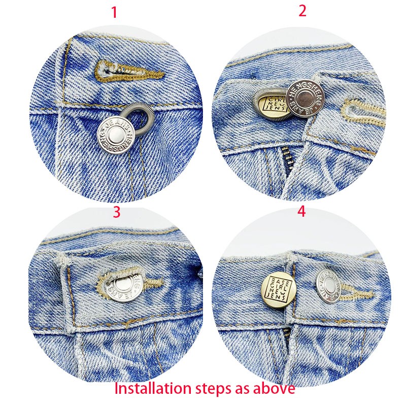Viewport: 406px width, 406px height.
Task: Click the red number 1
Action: (x=114, y=12)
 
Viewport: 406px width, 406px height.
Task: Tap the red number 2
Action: (x=302, y=11)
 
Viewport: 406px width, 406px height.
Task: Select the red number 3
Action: (x=116, y=212)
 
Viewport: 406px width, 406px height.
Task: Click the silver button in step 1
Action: (x=116, y=136)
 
